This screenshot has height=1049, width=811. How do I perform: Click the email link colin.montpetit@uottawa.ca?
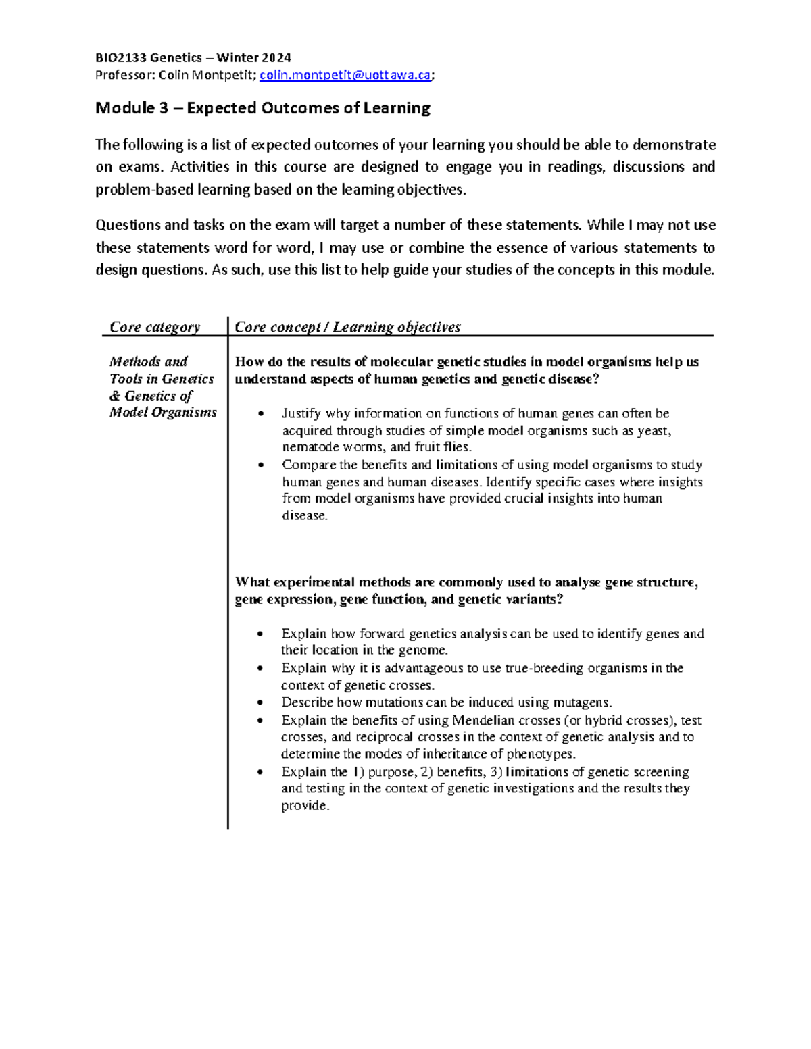(x=345, y=75)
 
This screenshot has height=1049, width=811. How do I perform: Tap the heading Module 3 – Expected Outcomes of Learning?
(x=263, y=108)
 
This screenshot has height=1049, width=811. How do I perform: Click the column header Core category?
(x=155, y=327)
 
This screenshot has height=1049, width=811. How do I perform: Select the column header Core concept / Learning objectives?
(x=347, y=327)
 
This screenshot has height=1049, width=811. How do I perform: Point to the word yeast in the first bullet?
(x=654, y=430)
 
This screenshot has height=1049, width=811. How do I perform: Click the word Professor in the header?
(x=124, y=75)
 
